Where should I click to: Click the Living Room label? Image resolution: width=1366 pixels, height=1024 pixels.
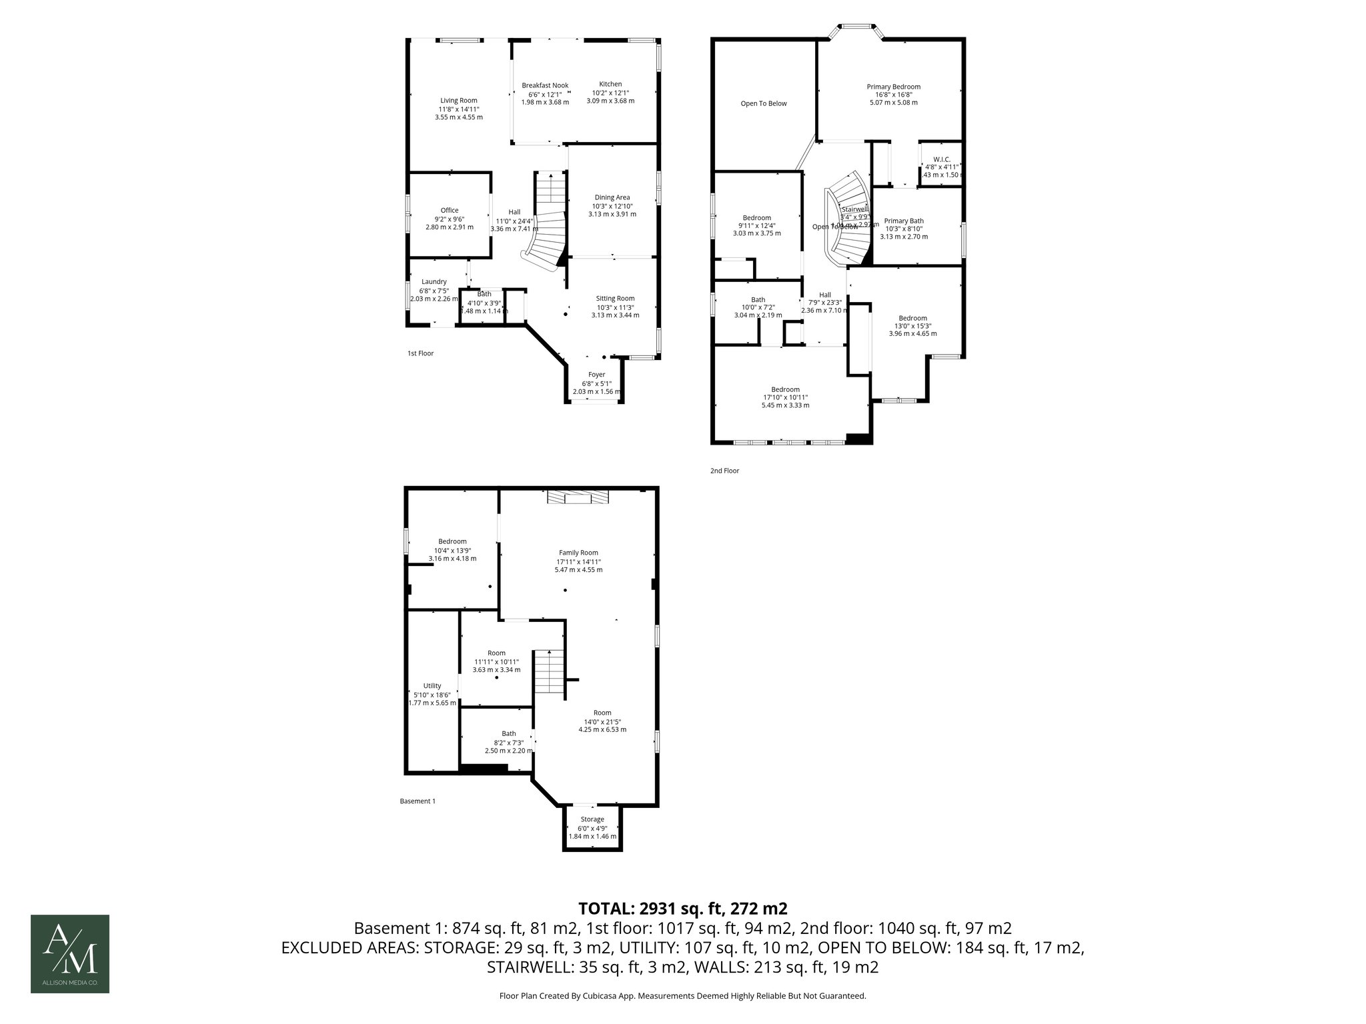tap(458, 100)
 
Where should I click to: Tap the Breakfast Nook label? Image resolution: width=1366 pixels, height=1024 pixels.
tap(545, 85)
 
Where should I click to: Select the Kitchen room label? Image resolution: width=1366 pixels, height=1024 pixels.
tap(610, 84)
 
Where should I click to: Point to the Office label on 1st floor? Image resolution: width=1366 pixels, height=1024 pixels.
tap(450, 211)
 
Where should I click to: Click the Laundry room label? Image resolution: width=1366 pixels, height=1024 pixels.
tap(434, 282)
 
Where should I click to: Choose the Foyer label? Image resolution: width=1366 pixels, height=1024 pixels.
tap(596, 375)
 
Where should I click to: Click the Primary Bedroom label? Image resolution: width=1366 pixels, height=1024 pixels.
tap(893, 87)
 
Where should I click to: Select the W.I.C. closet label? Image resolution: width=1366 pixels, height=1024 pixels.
tap(941, 159)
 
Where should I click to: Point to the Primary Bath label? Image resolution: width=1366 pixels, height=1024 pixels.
tap(903, 221)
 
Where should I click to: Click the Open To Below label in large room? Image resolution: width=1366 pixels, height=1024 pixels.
tap(764, 103)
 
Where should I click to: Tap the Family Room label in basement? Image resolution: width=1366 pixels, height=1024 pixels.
tap(578, 553)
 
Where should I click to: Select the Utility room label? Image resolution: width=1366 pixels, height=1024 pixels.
tap(432, 686)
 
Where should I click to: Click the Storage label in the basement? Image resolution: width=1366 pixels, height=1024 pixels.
tap(592, 819)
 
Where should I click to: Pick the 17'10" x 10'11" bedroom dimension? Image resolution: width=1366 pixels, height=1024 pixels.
tap(786, 397)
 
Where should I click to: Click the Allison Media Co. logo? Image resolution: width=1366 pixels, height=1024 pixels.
tap(70, 954)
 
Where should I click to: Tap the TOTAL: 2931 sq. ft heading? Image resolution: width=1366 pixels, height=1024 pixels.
tap(683, 908)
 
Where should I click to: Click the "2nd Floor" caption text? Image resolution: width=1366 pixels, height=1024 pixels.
tap(724, 471)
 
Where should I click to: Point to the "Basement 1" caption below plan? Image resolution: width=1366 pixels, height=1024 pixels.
tap(418, 801)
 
